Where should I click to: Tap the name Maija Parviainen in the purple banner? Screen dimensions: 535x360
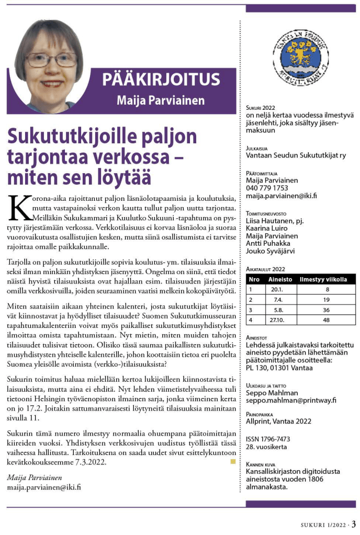pos(161,100)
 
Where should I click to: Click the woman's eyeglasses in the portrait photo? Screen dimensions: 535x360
pos(51,59)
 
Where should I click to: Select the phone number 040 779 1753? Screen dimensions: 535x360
pos(267,188)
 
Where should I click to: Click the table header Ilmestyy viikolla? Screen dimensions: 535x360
pos(323,280)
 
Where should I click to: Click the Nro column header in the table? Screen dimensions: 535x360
pos(253,280)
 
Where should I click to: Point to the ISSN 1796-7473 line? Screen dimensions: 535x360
pos(268,439)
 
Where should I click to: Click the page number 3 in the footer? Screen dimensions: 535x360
pos(354,524)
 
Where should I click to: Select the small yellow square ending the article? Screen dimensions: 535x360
pos(233,462)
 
